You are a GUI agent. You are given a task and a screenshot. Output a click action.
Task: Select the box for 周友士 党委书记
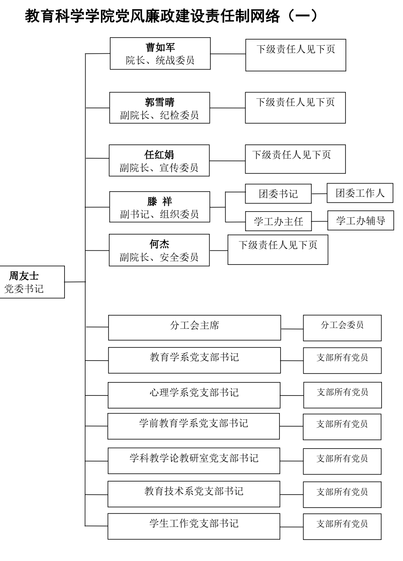32,282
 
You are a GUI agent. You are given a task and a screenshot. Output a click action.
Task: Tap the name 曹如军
160,47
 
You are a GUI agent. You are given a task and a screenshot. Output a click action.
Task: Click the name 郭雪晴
160,102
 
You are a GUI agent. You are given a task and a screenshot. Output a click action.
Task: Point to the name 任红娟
159,155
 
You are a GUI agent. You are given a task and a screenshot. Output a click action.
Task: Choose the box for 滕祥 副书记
160,207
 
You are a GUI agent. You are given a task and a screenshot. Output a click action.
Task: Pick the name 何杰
159,244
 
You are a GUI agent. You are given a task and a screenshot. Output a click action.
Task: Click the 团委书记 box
278,194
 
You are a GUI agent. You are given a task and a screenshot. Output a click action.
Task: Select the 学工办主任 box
278,221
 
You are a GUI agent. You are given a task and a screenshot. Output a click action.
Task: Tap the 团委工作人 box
360,193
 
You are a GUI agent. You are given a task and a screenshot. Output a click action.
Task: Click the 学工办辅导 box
360,220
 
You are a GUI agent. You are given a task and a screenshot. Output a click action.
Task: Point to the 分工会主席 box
194,328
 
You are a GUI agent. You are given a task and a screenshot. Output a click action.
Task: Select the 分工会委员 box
342,328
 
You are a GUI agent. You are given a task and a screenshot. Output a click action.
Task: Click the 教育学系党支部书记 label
194,357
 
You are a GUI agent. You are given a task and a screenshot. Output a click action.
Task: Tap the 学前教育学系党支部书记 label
193,423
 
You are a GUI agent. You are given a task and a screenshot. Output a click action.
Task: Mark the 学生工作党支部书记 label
194,523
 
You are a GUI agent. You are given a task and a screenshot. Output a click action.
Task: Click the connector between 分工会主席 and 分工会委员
292,329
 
